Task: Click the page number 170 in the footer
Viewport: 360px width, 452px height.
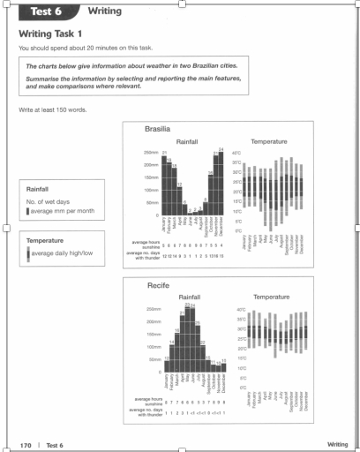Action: (26, 443)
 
